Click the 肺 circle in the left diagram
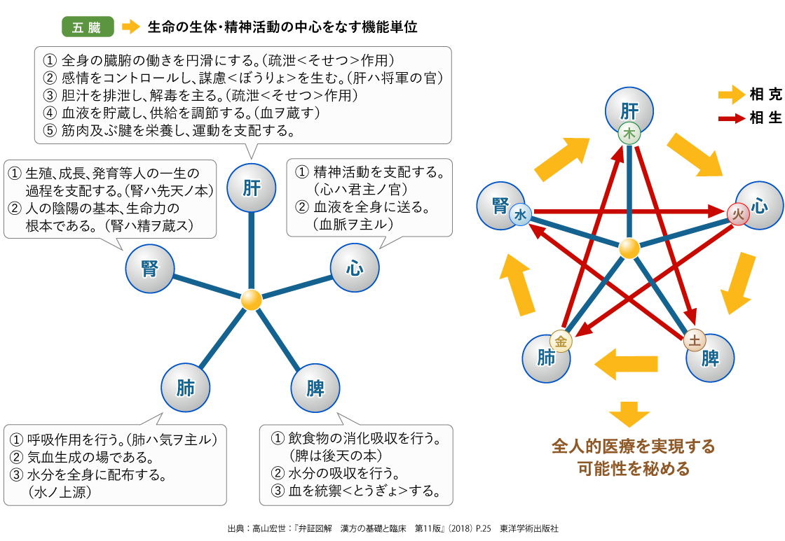186,387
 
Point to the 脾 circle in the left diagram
314,387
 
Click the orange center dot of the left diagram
251,300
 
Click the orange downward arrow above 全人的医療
629,414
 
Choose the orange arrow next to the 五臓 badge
130,27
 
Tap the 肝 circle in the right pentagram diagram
629,111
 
